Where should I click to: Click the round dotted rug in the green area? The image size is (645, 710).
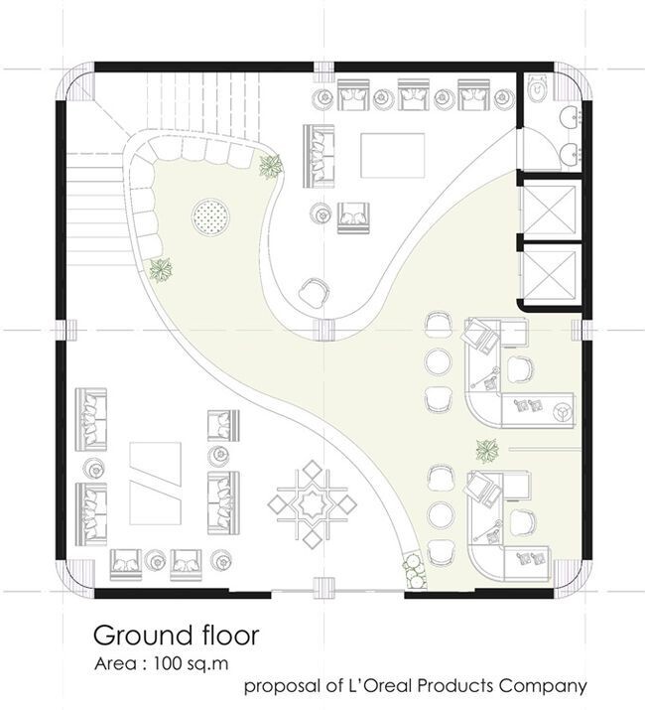point(211,214)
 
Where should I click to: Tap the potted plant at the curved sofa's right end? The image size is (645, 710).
point(271,166)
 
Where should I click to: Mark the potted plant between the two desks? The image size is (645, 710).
point(486,450)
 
